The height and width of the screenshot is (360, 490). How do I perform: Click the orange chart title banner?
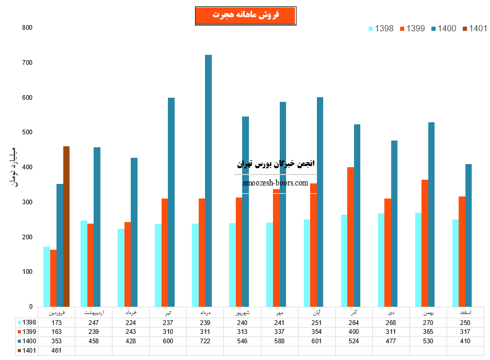point(245,15)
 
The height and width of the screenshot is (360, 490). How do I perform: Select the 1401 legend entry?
point(474,28)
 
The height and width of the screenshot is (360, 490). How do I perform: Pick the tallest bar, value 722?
point(208,180)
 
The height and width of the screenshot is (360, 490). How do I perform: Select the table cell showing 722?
point(205,341)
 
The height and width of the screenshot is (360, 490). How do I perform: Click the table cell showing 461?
point(56,351)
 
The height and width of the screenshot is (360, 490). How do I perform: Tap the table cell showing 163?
point(56,332)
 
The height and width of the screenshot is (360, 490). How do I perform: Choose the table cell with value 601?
point(316,341)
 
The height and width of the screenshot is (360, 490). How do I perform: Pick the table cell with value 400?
point(354,332)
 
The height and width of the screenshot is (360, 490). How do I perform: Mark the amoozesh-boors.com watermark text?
point(276,183)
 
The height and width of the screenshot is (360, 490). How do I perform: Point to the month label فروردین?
point(56,312)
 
